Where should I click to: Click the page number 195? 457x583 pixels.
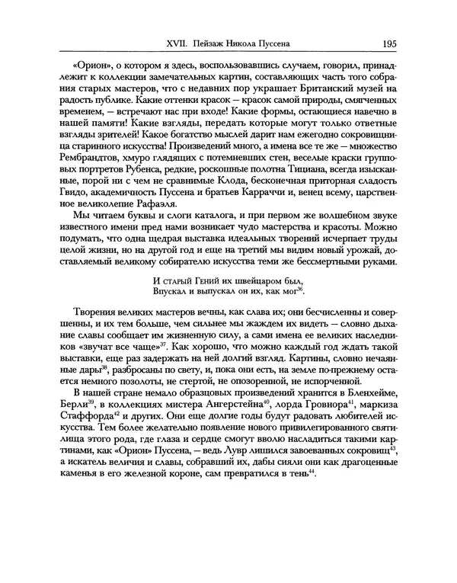[404, 43]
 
